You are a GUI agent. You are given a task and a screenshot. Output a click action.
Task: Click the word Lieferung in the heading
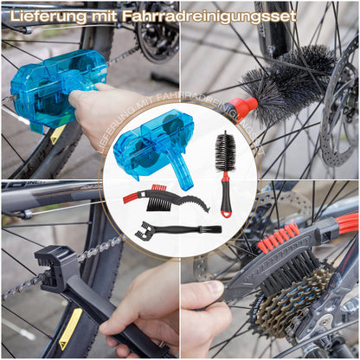pyautogui.click(x=48, y=16)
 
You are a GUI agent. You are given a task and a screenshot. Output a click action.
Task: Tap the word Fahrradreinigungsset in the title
pyautogui.click(x=209, y=16)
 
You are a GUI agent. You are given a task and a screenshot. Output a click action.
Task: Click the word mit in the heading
pyautogui.click(x=104, y=16)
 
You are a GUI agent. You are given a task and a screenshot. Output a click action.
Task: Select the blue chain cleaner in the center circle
pyautogui.click(x=154, y=151)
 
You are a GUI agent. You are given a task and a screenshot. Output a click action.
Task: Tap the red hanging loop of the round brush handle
pyautogui.click(x=227, y=214)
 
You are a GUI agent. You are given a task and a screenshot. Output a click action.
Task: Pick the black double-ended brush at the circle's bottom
pyautogui.click(x=178, y=230)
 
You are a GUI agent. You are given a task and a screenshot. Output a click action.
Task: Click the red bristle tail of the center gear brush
pyautogui.click(x=133, y=197)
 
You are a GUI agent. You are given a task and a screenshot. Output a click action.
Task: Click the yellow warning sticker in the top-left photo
pyautogui.click(x=57, y=135)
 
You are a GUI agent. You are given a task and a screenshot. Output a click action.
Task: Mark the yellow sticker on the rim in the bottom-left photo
pyautogui.click(x=69, y=330)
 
